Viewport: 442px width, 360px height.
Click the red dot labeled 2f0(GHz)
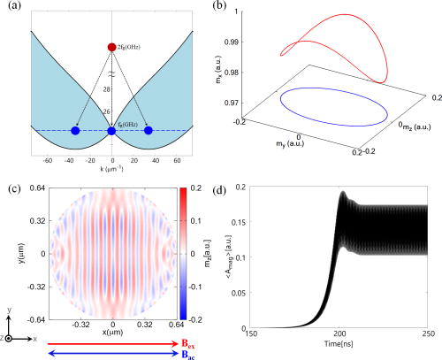[111, 46]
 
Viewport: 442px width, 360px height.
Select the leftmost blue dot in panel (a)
[74, 131]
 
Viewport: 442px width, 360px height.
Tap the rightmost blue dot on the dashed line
[149, 131]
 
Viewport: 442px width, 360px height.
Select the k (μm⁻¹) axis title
[110, 172]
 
